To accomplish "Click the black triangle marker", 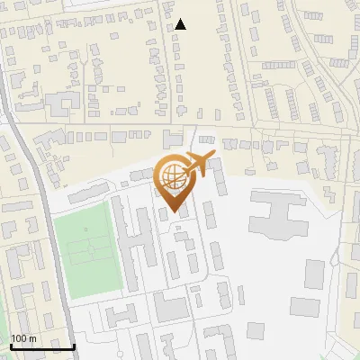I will [181, 24].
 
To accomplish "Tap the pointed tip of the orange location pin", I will [175, 213].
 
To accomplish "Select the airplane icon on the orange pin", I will [196, 165].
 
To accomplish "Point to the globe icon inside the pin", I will [172, 177].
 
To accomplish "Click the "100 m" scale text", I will [23, 338].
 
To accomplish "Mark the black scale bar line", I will [42, 346].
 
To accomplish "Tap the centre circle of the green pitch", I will [87, 250].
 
